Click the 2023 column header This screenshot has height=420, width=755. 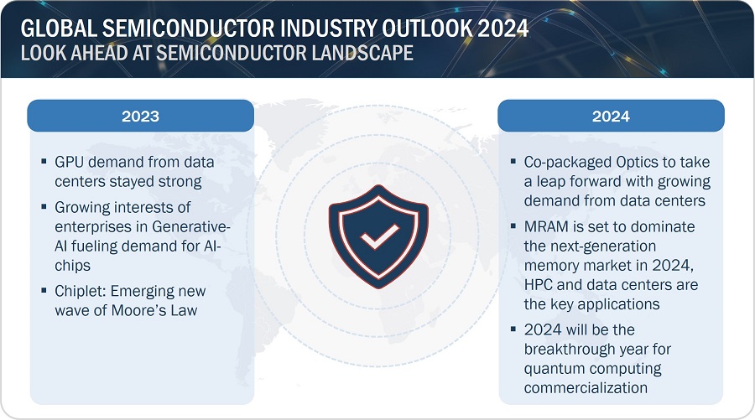[x=141, y=116]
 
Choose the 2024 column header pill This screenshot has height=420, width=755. [x=611, y=116]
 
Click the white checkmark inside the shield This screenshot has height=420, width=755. [x=379, y=236]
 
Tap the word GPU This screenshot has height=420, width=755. [x=70, y=162]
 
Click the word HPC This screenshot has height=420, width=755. [x=539, y=285]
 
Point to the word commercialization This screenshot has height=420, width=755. [x=586, y=388]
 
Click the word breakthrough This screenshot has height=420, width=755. [x=569, y=350]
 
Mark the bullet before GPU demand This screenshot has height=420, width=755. [x=44, y=162]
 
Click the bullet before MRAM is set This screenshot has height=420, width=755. [x=513, y=226]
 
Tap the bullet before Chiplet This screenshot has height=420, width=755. [x=44, y=291]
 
